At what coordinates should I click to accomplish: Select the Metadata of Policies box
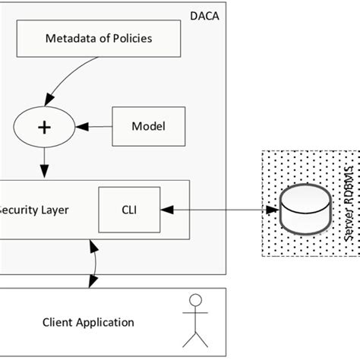click(98, 38)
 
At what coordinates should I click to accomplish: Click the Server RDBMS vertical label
click(349, 201)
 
